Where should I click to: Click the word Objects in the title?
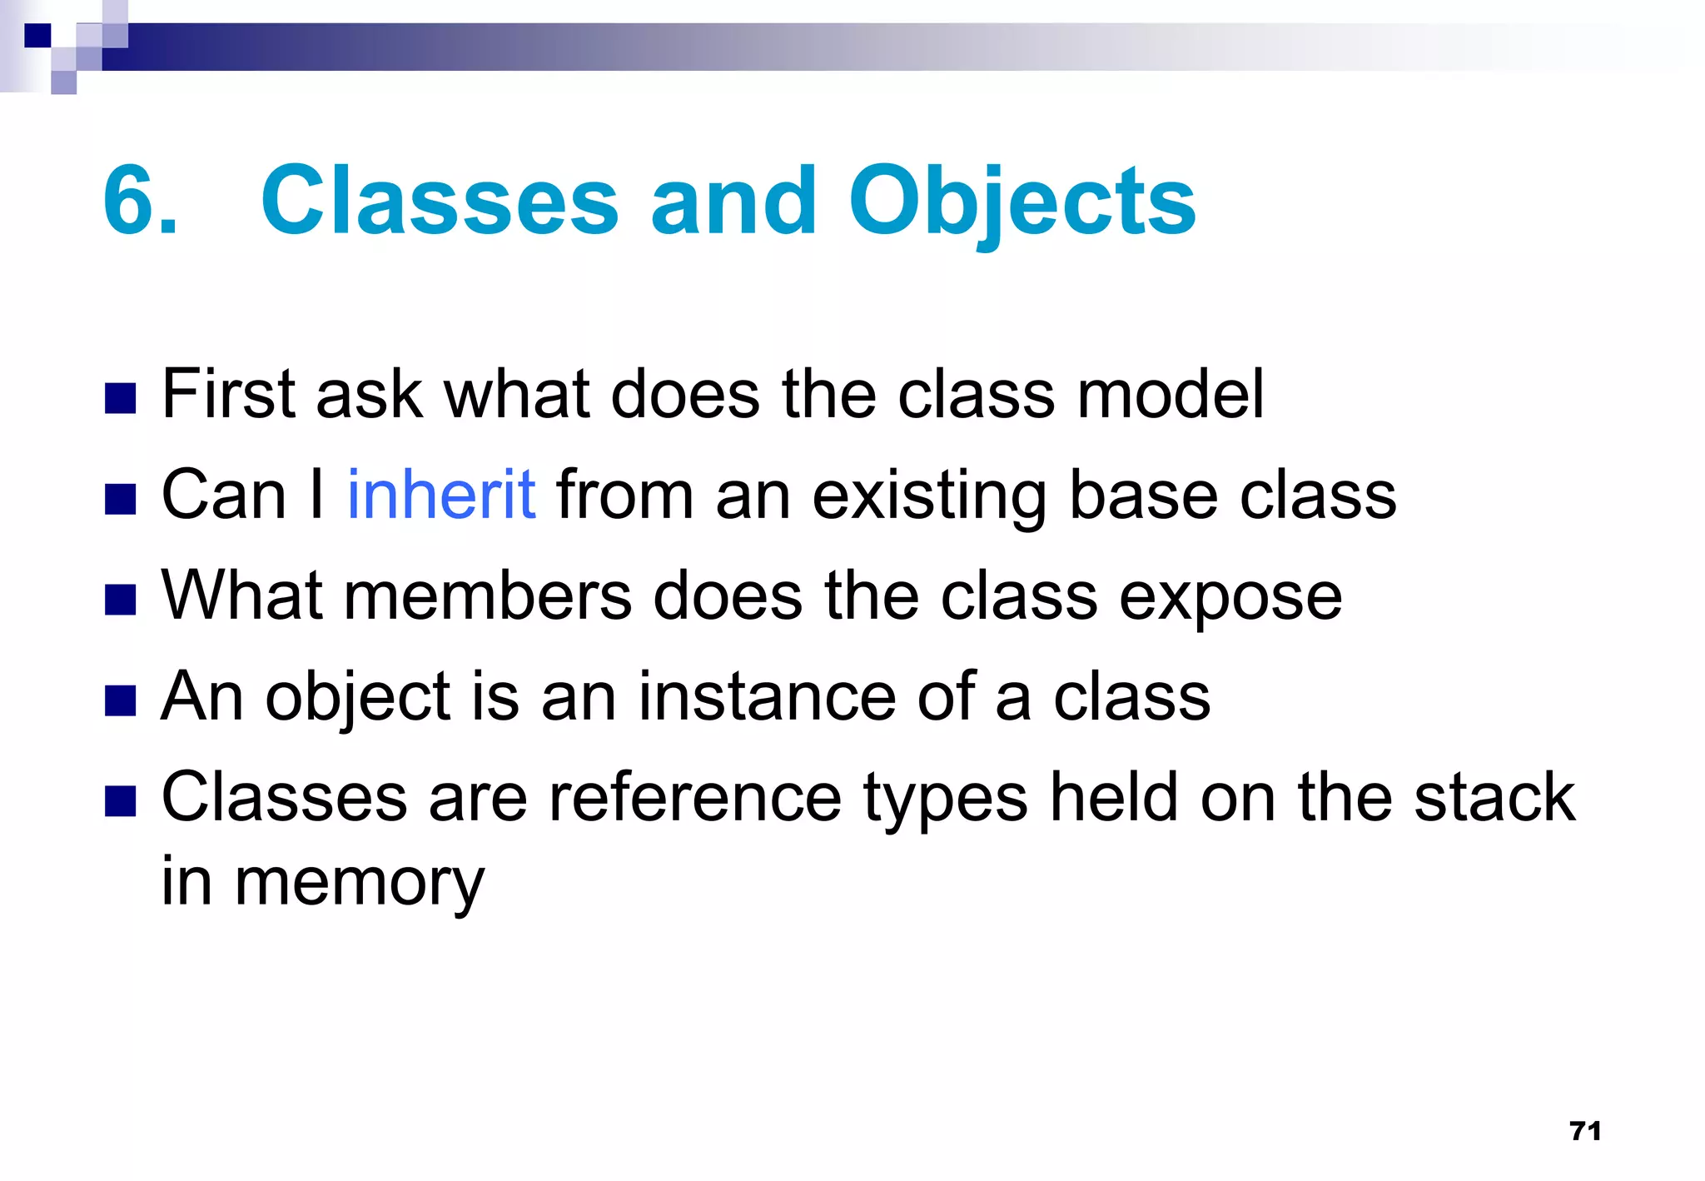click(1022, 202)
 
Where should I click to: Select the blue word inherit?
click(441, 495)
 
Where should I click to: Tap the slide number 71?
click(1585, 1130)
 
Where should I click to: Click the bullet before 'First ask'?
click(121, 399)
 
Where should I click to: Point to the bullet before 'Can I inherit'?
click(121, 500)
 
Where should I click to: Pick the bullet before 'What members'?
click(121, 600)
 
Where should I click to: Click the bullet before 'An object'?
click(121, 700)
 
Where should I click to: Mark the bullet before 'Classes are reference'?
click(121, 801)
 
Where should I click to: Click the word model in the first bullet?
click(1171, 394)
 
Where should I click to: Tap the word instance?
click(767, 696)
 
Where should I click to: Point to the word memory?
click(359, 884)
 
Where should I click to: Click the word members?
click(488, 595)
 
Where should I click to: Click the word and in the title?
click(733, 202)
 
